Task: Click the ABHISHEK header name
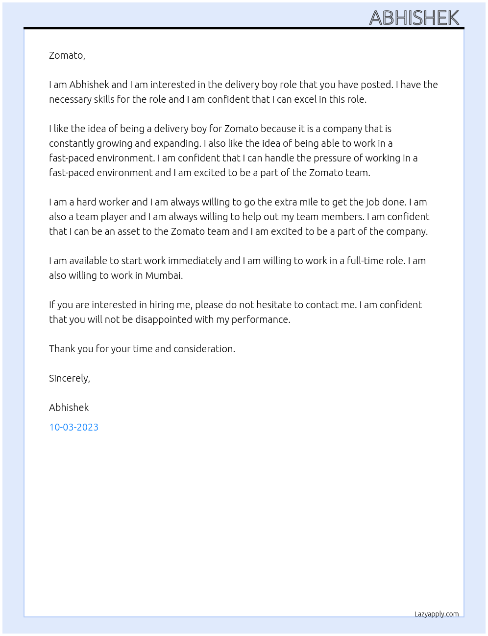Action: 414,18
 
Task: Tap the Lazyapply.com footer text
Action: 437,614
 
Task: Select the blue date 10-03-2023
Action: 73,427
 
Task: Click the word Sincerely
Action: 69,378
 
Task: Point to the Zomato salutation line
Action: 67,55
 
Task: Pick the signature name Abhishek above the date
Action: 69,408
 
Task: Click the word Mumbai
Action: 163,275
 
